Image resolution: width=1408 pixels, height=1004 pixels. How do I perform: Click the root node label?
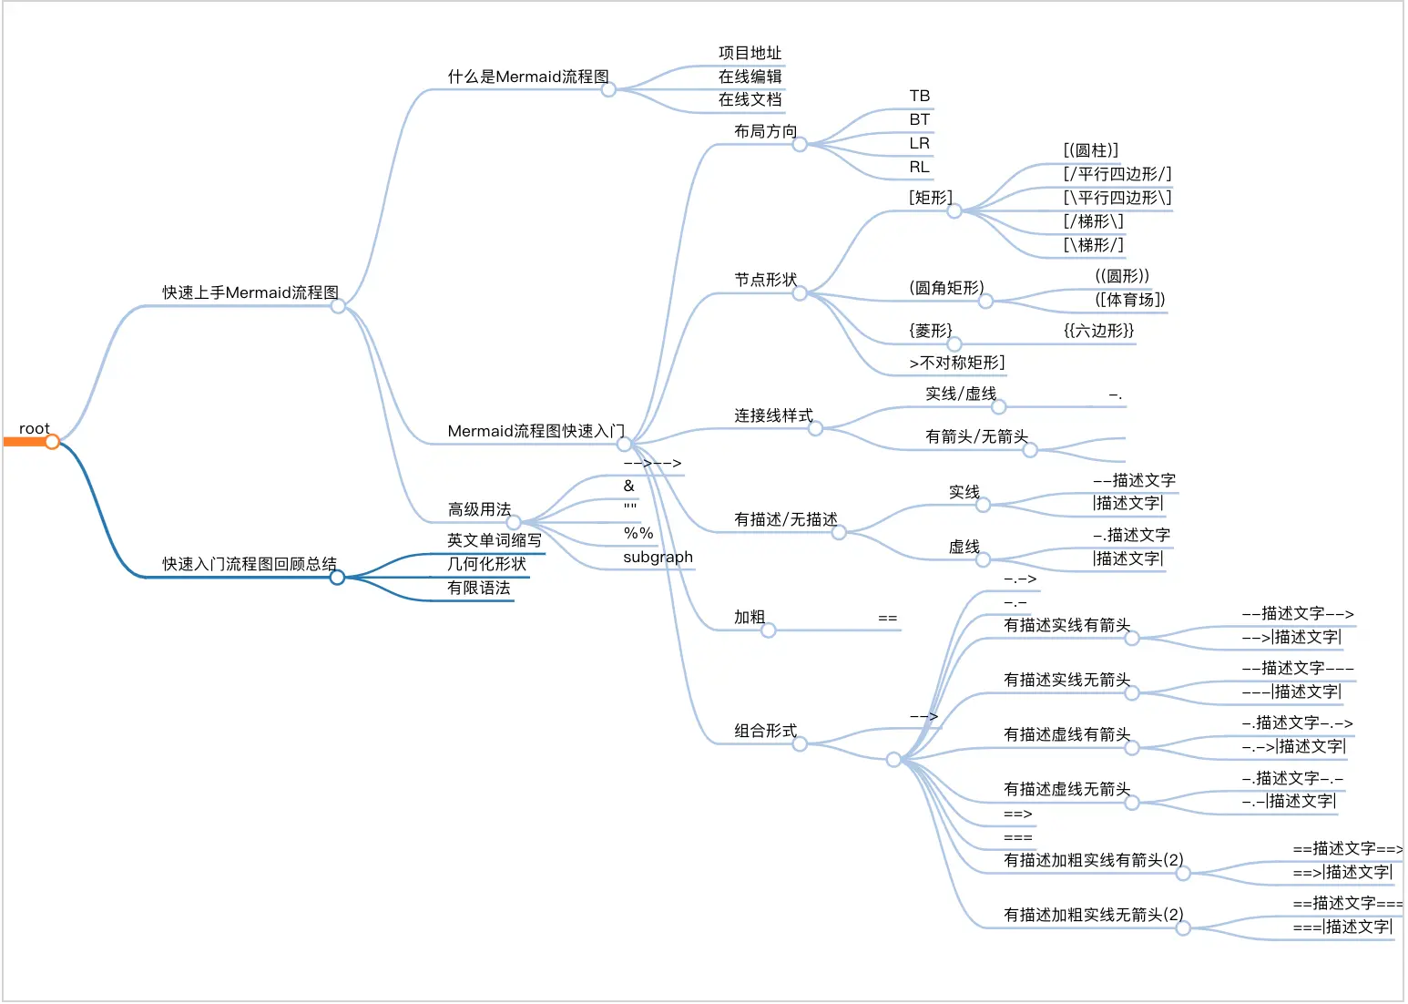35,428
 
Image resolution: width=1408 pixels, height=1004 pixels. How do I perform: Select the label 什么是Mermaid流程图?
528,77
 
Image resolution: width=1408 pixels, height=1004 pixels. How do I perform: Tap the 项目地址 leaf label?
750,53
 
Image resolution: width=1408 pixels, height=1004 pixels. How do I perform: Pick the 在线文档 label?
750,99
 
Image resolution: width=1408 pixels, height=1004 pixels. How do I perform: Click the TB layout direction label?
919,96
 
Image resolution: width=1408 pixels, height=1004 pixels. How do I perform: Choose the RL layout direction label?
919,167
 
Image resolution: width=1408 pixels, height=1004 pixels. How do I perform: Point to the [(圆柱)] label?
1091,150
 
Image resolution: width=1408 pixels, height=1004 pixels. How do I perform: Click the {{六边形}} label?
1098,331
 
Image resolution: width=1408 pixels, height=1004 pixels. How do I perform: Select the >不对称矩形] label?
956,363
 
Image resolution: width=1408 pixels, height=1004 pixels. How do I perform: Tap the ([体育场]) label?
1129,300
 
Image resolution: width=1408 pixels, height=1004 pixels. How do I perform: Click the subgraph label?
658,557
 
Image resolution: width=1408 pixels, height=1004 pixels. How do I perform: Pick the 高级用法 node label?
479,509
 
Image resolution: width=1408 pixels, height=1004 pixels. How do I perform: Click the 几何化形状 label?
486,564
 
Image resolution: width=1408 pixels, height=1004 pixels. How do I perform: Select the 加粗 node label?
750,617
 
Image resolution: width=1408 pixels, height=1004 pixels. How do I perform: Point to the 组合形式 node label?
765,731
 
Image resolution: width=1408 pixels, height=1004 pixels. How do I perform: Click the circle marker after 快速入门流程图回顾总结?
337,578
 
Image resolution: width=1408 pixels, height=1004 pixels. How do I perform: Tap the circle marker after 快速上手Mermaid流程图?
338,306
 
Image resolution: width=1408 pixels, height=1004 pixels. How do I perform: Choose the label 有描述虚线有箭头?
1066,734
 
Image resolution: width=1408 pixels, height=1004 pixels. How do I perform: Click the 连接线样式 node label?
773,415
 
